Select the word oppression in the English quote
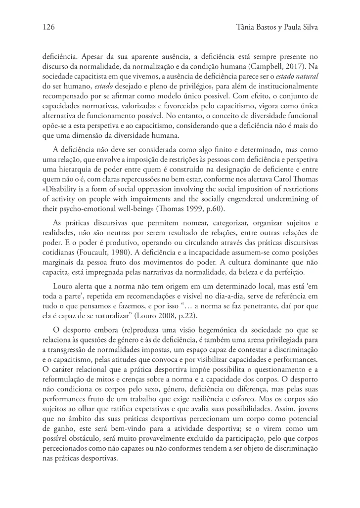coord(145,189)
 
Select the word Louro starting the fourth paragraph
coord(64,287)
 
